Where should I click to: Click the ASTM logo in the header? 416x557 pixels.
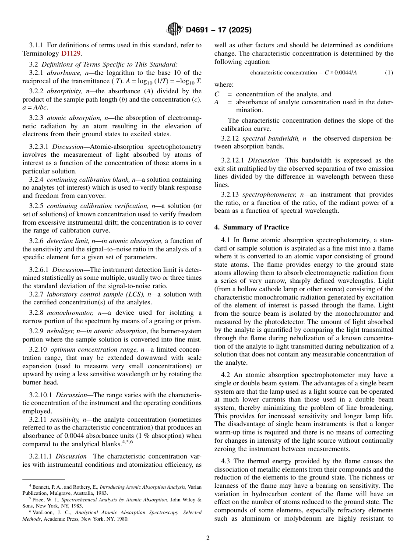[x=174, y=29]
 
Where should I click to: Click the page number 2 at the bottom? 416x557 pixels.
[x=208, y=538]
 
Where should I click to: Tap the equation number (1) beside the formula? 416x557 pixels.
[x=389, y=72]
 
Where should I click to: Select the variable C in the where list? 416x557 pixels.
[x=217, y=94]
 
